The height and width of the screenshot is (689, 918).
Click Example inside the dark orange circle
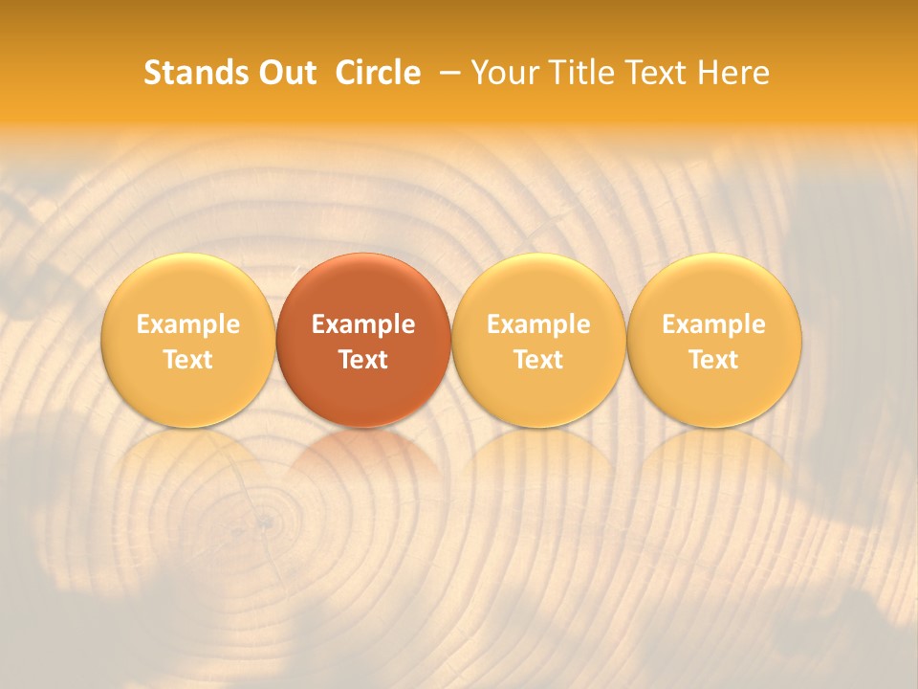point(363,324)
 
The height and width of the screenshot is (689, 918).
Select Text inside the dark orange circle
point(363,360)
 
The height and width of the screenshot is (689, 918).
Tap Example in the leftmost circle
point(188,324)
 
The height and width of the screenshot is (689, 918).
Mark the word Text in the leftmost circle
point(188,360)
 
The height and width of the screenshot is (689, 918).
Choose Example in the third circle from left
point(538,324)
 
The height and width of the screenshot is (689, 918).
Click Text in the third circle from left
point(538,360)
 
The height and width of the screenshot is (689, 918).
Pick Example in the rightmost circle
point(714,324)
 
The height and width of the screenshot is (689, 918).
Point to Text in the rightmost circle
point(714,360)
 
